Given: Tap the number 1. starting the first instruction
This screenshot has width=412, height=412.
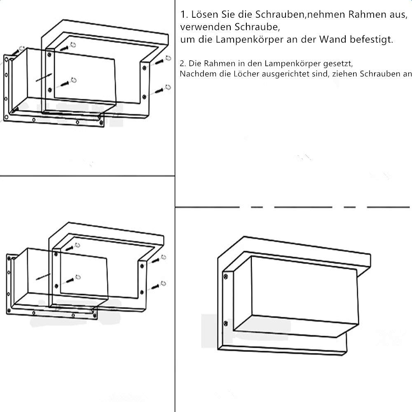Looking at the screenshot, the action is (184, 15).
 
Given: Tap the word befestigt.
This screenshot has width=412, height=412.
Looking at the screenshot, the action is (372, 40).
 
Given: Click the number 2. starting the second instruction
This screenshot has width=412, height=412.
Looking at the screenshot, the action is (183, 63).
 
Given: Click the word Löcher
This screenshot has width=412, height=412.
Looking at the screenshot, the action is (246, 74).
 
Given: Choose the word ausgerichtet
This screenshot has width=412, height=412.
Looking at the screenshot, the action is (286, 74).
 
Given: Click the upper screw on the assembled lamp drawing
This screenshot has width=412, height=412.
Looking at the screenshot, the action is (225, 276).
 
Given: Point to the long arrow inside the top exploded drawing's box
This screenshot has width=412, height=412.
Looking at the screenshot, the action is (44, 77).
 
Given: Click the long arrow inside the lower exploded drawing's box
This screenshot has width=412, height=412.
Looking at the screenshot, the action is (43, 276).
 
